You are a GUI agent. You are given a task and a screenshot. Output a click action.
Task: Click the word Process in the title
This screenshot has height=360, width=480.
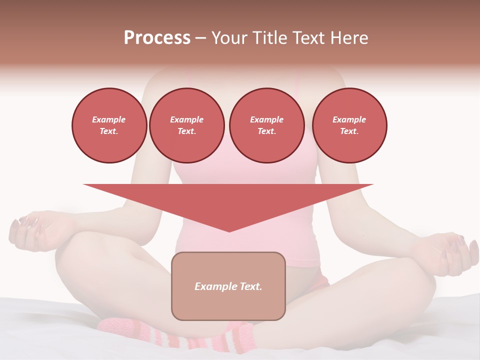(x=157, y=38)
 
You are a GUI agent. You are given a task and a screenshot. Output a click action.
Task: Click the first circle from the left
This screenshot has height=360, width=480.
(x=109, y=125)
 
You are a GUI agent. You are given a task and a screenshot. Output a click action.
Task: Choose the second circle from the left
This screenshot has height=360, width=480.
(x=187, y=125)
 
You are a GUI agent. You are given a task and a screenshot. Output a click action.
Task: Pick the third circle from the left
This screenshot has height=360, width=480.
(x=266, y=125)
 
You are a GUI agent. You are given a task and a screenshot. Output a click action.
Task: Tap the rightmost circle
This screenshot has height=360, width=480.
(x=349, y=125)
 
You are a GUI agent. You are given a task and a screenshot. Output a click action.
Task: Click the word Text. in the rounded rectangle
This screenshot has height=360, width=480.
(x=250, y=286)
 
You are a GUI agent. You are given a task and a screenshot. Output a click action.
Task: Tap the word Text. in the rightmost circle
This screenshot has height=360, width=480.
(x=349, y=131)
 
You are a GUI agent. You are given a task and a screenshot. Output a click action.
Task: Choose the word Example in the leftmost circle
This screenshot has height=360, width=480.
(x=109, y=119)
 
